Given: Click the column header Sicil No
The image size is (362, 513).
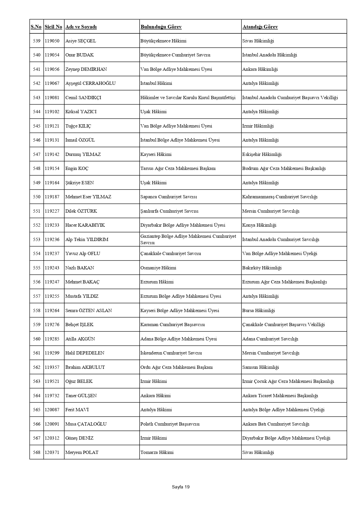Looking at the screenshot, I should point(53,27).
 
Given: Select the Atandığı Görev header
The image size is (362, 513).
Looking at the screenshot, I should point(260,27).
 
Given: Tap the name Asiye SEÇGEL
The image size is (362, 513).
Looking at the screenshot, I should point(81,41).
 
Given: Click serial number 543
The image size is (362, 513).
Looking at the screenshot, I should point(36,98).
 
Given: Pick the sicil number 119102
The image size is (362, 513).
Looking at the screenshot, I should point(52,112).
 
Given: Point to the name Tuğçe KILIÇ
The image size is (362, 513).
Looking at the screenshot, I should point(78,126).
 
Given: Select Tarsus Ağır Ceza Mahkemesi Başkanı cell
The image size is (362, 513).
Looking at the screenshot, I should point(178,168).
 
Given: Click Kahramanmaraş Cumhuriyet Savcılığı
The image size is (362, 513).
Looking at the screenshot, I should point(280,197).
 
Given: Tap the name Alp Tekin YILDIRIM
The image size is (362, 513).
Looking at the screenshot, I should point(87,240).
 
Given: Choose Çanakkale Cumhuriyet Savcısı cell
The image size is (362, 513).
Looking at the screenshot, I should point(170,254).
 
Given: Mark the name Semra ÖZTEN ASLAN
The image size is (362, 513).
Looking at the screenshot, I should point(88,311).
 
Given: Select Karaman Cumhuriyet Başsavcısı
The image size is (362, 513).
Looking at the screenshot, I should point(173,325).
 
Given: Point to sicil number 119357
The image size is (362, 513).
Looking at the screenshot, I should point(52,367).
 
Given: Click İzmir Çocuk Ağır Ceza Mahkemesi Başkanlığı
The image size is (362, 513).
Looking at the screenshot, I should point(288,381).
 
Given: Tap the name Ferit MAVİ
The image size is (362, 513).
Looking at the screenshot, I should point(77,410).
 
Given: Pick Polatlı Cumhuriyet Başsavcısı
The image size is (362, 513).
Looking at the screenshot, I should point(170,424).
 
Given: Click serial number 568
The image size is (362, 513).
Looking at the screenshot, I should point(36,452).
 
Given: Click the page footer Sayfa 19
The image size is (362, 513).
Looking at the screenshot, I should point(181,487).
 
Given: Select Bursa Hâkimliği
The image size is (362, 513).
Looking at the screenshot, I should point(258,311).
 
